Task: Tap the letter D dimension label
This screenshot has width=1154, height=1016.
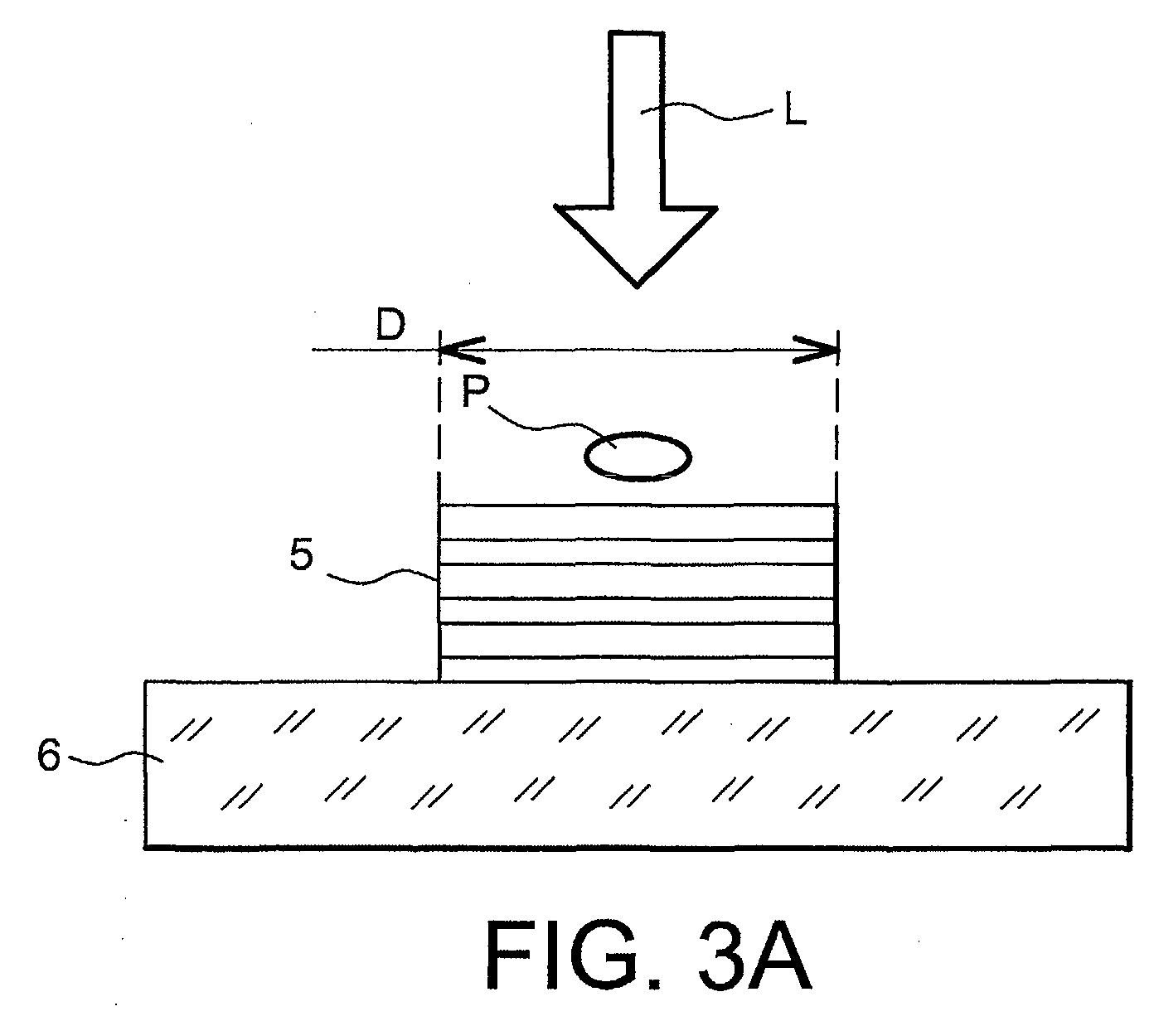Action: pyautogui.click(x=390, y=325)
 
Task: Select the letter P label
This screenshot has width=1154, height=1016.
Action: pyautogui.click(x=476, y=392)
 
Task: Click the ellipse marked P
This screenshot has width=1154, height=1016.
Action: pyautogui.click(x=638, y=456)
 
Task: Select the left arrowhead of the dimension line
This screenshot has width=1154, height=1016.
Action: pyautogui.click(x=462, y=350)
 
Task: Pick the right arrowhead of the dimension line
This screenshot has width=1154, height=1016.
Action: pyautogui.click(x=816, y=350)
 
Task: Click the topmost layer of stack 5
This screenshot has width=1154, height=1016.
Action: pyautogui.click(x=638, y=521)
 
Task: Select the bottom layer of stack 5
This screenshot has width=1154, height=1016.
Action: pyautogui.click(x=638, y=669)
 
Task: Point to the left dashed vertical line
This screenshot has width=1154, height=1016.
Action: pyautogui.click(x=439, y=417)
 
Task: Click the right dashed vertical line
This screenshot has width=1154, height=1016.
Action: pyautogui.click(x=836, y=417)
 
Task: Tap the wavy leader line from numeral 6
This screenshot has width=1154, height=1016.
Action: pyautogui.click(x=114, y=758)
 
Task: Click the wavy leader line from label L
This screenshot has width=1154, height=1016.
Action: pyautogui.click(x=706, y=111)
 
